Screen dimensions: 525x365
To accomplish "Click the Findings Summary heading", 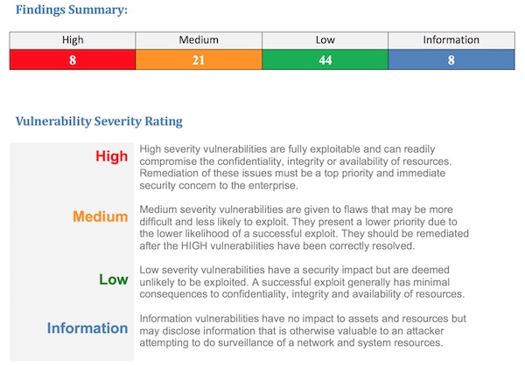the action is point(72,10).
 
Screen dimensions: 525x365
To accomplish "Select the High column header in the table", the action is point(73,40).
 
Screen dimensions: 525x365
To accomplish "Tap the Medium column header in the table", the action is point(199,40).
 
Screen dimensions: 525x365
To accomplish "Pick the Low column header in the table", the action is point(325,40).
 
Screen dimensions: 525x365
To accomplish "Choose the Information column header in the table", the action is point(451,40).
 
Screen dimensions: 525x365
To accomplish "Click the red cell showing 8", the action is point(73,60).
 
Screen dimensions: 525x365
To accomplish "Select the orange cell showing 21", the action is point(199,60).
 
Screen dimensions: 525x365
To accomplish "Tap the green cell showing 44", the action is point(325,60).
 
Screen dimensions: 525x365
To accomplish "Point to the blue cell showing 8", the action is point(451,60).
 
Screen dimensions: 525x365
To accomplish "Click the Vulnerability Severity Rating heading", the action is point(99,121).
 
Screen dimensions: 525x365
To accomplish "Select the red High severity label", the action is point(111,156).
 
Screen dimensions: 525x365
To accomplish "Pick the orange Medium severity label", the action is point(101,217).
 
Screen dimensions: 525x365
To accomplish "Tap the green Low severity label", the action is point(114,279).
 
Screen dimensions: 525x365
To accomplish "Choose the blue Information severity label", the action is point(87,328).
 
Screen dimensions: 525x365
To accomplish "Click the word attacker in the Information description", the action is point(425,331).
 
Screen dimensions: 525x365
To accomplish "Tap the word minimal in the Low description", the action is point(431,282).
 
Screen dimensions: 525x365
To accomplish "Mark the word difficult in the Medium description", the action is point(156,222).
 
